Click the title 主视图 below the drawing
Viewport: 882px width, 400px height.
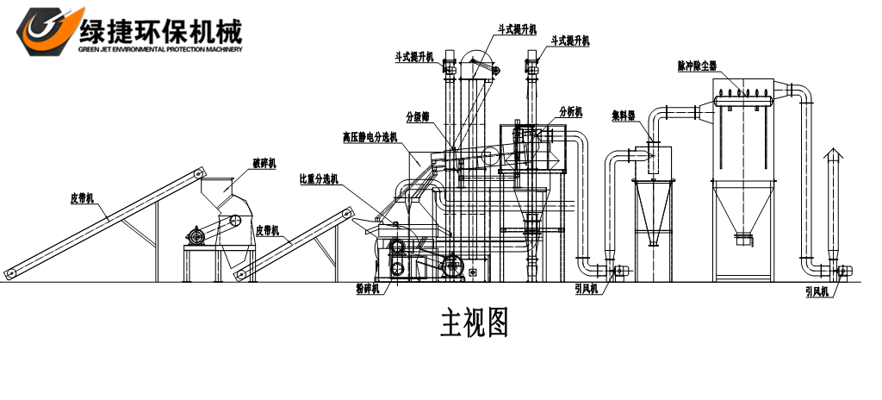pyautogui.click(x=475, y=322)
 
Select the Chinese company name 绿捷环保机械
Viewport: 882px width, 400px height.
pyautogui.click(x=161, y=29)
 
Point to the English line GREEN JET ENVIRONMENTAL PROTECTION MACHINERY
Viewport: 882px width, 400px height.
pyautogui.click(x=160, y=49)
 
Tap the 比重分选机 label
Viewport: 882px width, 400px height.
pyautogui.click(x=319, y=179)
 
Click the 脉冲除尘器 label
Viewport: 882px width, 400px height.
pyautogui.click(x=698, y=66)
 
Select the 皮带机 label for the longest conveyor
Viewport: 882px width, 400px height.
pyautogui.click(x=83, y=197)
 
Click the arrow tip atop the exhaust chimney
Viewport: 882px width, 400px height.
pyautogui.click(x=832, y=151)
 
